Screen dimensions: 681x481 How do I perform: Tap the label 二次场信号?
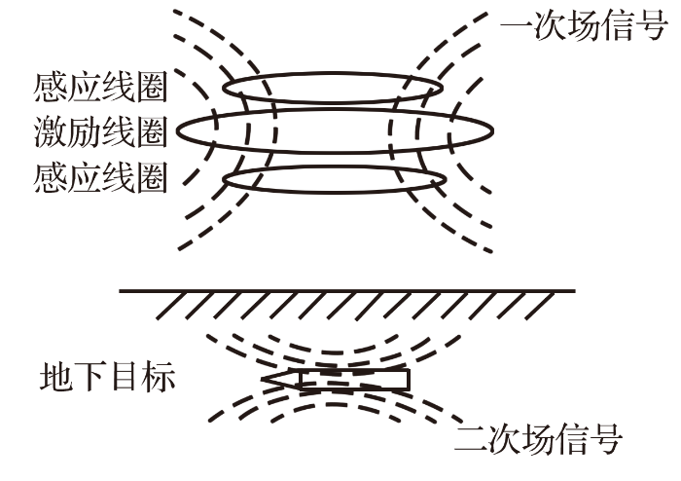click(538, 439)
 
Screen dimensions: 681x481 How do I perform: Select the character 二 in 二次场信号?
click(470, 439)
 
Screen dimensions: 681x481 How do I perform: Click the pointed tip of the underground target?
click(263, 379)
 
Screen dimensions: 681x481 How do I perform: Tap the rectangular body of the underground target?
click(355, 379)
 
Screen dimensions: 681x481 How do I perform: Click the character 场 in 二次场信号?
click(538, 439)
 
